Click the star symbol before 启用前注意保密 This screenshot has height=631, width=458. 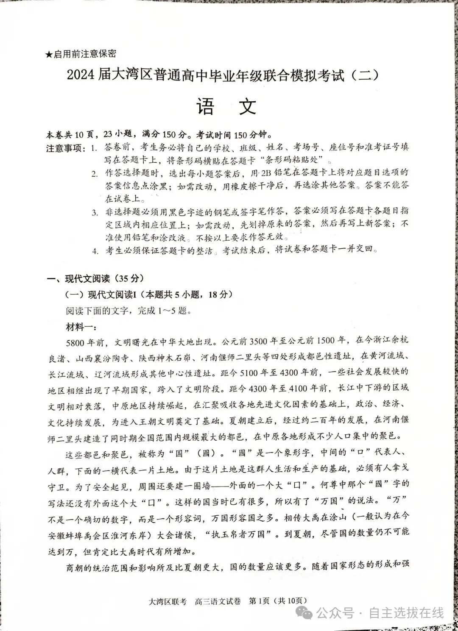point(49,54)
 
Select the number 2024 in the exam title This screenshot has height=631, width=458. point(81,76)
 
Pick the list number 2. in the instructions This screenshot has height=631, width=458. point(95,173)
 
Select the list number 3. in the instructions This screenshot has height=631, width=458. point(95,212)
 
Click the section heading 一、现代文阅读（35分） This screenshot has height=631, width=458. point(95,278)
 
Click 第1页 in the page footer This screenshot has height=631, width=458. point(259,601)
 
